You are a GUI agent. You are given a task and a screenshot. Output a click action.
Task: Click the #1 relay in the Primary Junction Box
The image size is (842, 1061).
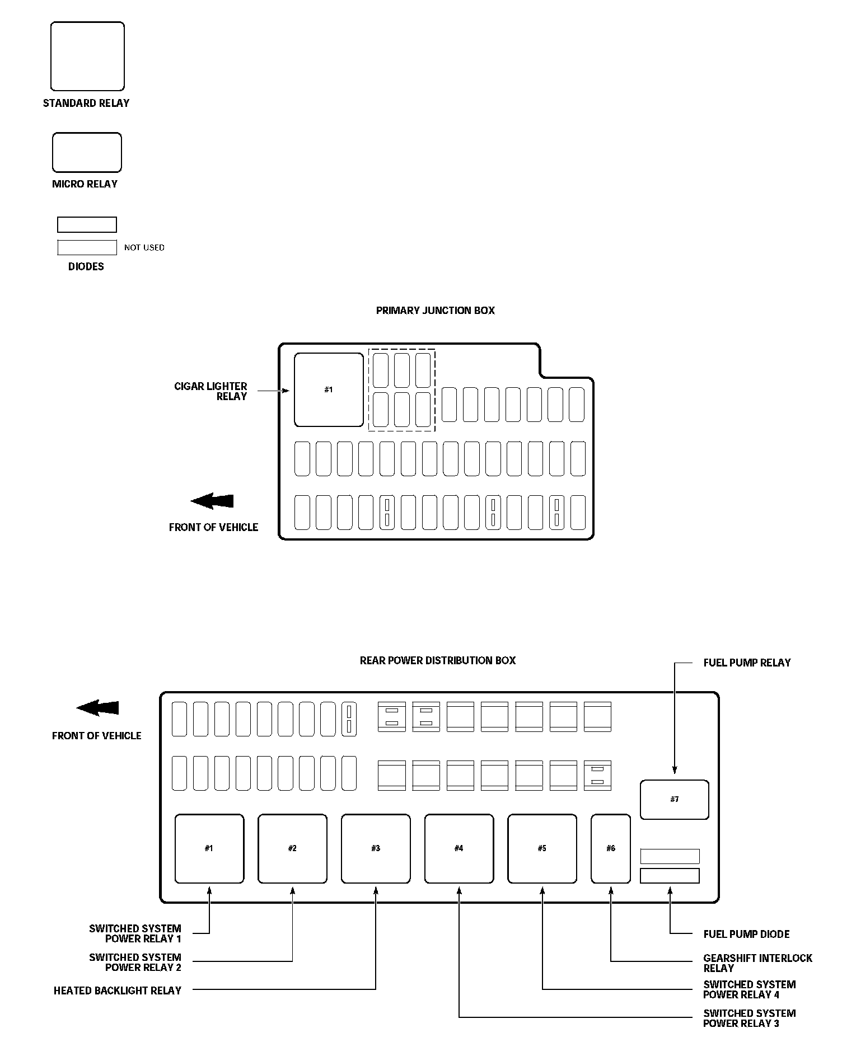(329, 389)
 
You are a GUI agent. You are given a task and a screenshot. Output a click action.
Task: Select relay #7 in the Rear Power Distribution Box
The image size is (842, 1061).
(674, 799)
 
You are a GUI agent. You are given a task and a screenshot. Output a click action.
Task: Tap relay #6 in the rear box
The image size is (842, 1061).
(610, 848)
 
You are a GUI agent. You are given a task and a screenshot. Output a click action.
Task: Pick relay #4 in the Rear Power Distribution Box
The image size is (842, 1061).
(459, 848)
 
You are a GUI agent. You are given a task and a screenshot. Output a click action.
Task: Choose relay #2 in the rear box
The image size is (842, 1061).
(292, 848)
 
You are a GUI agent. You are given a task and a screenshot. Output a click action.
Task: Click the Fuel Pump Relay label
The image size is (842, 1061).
(747, 663)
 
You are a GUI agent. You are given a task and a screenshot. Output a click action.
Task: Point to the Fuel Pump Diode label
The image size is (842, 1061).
(746, 934)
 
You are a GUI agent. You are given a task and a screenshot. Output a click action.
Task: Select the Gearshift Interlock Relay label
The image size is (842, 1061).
(757, 963)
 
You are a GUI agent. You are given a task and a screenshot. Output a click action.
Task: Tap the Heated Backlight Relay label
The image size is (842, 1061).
(118, 990)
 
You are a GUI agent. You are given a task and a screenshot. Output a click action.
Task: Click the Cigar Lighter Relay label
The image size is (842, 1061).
(211, 391)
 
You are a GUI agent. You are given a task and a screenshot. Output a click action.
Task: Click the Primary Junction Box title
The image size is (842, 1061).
(435, 311)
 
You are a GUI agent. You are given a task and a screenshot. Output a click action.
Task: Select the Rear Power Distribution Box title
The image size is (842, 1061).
(437, 660)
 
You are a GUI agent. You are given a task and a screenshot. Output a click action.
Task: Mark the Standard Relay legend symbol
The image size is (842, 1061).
(87, 57)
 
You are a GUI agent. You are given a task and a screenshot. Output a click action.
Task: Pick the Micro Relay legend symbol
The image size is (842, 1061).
(87, 152)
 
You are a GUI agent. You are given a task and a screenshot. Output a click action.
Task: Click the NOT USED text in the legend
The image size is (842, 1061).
(144, 247)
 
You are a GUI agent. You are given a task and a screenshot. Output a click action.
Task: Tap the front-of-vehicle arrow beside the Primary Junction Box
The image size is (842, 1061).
(212, 501)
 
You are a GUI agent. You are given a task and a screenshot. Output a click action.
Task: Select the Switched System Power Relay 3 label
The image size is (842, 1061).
(749, 1018)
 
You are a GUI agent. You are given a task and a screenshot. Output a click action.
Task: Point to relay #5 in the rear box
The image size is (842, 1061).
(542, 848)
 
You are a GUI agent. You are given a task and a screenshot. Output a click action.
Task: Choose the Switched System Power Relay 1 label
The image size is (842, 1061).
(135, 933)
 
